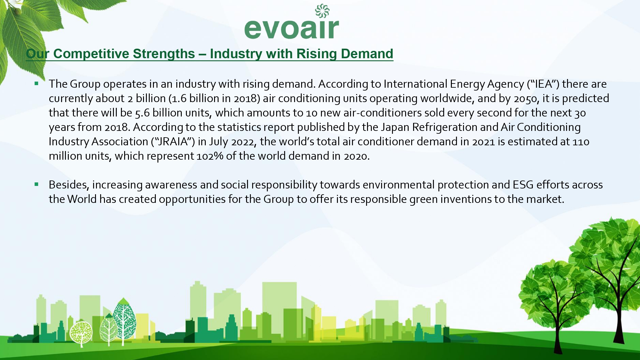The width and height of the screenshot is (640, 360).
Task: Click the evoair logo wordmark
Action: [x=292, y=29]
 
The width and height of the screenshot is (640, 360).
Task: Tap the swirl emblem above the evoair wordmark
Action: [x=322, y=11]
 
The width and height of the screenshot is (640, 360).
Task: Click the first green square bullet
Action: [x=36, y=84]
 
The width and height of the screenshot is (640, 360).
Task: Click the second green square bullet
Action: [x=36, y=184]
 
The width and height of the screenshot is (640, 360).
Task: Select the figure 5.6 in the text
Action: [x=142, y=113]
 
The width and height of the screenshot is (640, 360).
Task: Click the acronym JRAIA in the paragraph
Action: [x=173, y=141]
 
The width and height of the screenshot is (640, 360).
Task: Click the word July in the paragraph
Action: [x=218, y=141]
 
